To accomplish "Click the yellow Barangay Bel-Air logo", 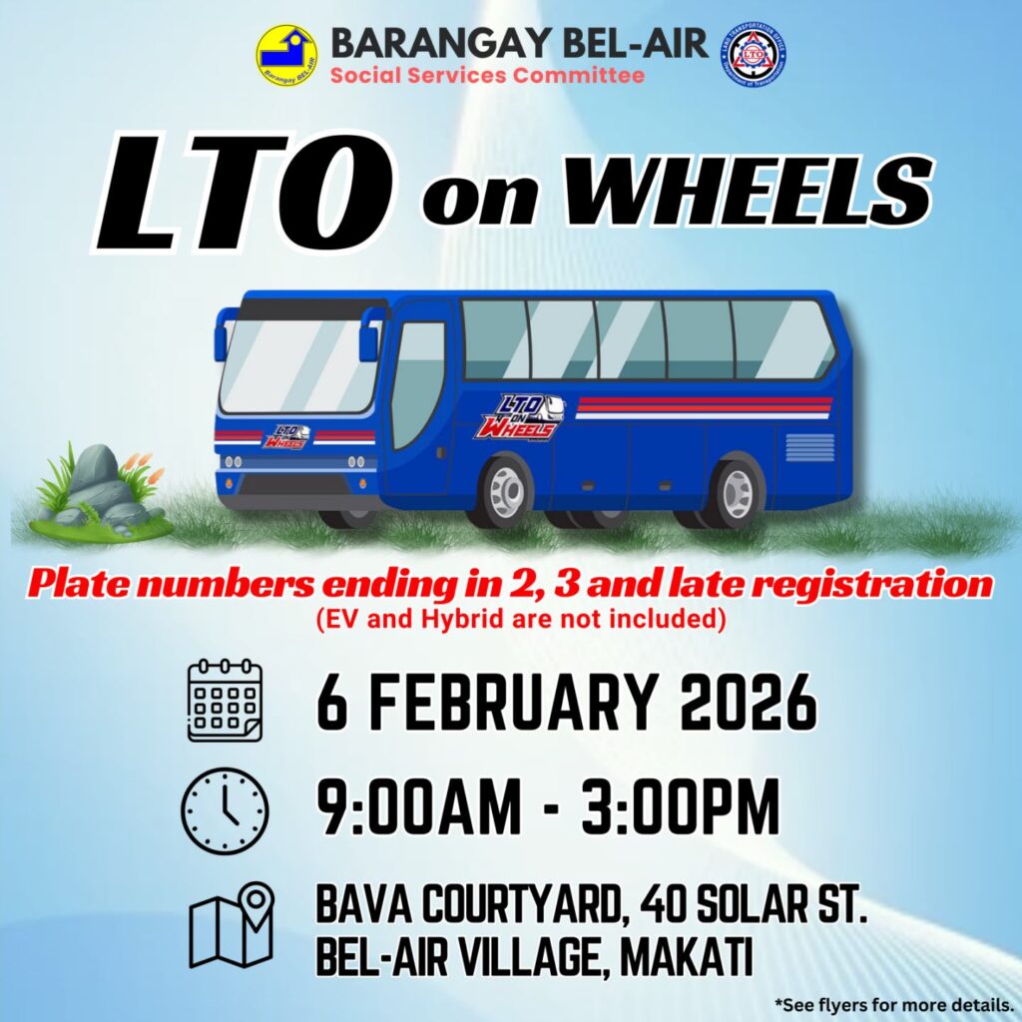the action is (287, 56).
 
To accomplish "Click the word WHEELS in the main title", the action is (749, 191).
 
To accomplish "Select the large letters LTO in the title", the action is (246, 193).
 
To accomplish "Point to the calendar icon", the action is (225, 701).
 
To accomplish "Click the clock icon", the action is (225, 811).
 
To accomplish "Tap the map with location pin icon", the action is (232, 925).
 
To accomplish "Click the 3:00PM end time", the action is (680, 806).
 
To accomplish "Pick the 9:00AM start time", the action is (418, 806).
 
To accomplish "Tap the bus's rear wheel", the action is (738, 492).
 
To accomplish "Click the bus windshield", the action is (299, 366).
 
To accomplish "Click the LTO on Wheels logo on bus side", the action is (520, 417).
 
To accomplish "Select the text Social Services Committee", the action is (487, 75).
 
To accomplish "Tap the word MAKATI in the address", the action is (686, 957).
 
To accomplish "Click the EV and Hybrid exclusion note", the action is (521, 618).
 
